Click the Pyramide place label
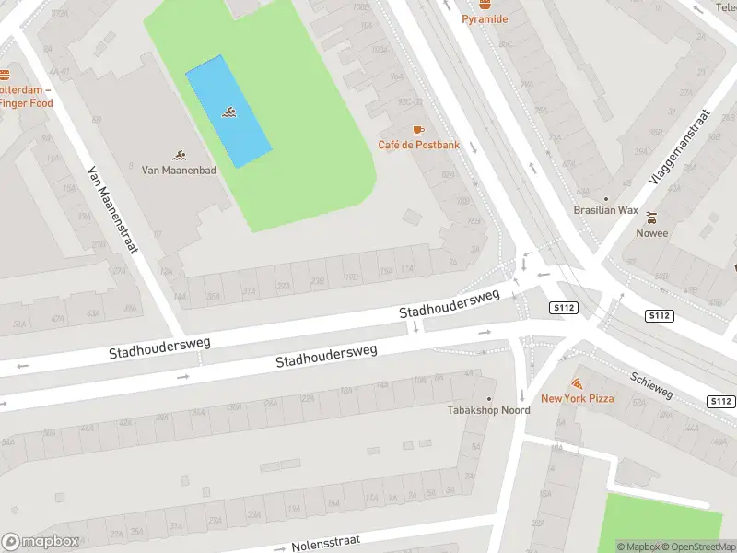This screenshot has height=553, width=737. [484, 18]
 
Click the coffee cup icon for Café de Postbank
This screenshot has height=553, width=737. [418, 130]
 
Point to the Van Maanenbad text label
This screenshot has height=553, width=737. [178, 170]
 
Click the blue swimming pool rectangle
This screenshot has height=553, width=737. [228, 112]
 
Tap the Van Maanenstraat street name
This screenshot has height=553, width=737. [112, 209]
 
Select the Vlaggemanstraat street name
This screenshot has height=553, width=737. [680, 147]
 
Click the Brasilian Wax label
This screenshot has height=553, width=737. [605, 210]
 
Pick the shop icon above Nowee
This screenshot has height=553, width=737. [652, 218]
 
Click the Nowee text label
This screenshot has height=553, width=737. [652, 233]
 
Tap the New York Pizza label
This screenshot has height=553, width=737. [577, 398]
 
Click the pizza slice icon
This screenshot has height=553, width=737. [577, 382]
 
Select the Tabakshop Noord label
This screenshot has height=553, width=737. [488, 410]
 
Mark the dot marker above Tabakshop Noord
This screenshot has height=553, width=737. [489, 398]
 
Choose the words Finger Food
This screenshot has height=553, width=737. [27, 103]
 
